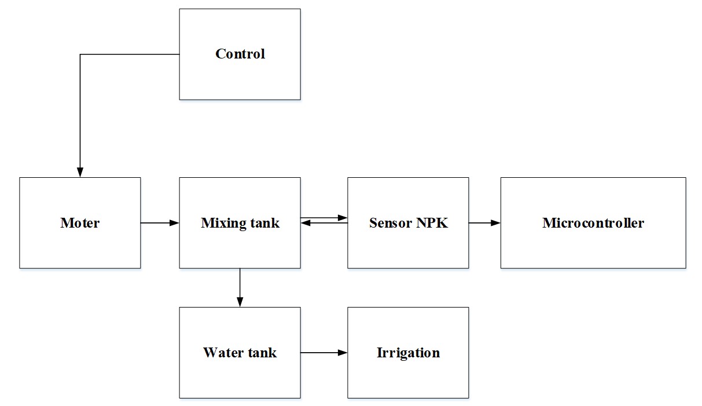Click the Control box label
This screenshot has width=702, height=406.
point(240,54)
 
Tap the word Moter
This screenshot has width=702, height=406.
point(80,223)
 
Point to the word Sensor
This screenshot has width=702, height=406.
point(391,223)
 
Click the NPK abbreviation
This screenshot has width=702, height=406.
point(432,223)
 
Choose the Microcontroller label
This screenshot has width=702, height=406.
point(593,223)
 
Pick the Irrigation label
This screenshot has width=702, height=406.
point(408,353)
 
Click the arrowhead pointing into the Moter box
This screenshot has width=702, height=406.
point(80,172)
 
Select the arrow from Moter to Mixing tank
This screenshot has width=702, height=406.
point(160,223)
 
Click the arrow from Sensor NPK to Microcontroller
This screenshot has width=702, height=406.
point(484,223)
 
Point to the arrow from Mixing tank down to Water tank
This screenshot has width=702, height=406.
point(240,288)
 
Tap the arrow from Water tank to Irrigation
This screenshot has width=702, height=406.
point(324,353)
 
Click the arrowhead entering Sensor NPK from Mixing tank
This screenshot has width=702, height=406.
point(343,218)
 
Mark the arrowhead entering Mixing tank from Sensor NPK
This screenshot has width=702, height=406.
point(306,223)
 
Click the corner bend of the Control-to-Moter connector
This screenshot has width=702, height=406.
point(80,54)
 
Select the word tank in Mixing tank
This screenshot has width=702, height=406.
point(265,223)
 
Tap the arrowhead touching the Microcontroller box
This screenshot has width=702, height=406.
point(496,223)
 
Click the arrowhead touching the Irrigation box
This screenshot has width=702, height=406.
point(343,353)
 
